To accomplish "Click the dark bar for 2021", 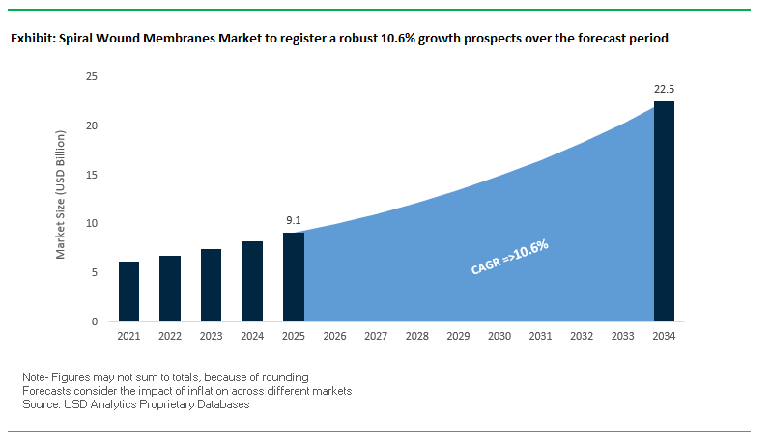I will click(x=129, y=292).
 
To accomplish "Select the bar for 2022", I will click(x=170, y=289).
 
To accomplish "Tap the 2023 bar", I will click(x=212, y=286).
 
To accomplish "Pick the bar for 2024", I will click(x=253, y=282).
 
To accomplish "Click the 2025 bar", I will click(x=294, y=277).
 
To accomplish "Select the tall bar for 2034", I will click(x=664, y=212).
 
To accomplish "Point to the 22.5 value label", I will click(x=664, y=90).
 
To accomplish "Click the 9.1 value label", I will click(x=294, y=221).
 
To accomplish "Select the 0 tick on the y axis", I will click(x=95, y=321).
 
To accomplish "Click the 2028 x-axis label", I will click(x=417, y=336).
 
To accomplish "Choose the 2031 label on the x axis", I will click(x=540, y=336).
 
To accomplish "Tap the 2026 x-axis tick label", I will click(x=335, y=336).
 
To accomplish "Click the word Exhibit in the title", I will click(x=34, y=40).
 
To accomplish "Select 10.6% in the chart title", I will click(x=432, y=40).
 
